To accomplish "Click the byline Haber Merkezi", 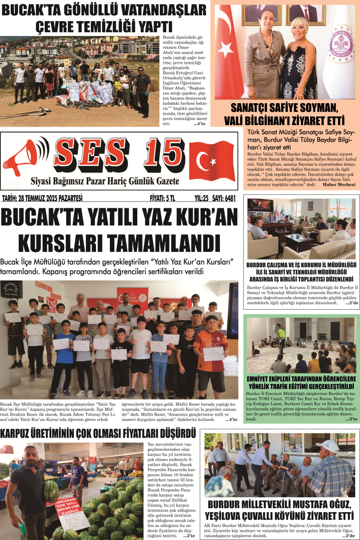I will click(x=339, y=184).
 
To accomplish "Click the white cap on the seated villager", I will click(x=327, y=445).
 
